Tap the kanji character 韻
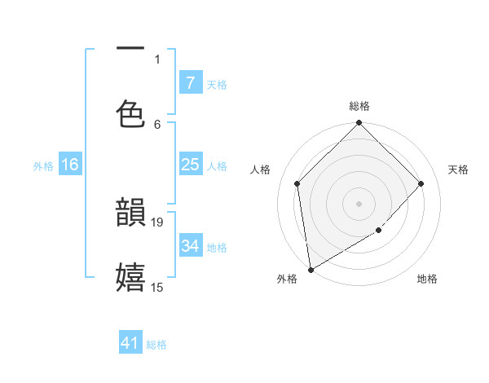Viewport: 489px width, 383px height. tap(131, 213)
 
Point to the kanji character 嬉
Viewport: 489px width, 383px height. tap(131, 277)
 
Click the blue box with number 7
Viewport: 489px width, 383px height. tap(190, 83)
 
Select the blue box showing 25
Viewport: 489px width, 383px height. tap(190, 165)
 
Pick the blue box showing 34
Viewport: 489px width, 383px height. tap(190, 245)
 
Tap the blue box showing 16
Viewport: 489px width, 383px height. tap(70, 165)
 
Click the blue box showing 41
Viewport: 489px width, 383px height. tap(130, 343)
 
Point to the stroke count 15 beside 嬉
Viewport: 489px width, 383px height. tap(157, 287)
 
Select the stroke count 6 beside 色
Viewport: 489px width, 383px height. tap(157, 124)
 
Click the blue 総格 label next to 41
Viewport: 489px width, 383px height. tap(156, 345)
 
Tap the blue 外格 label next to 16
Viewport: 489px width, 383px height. tap(43, 165)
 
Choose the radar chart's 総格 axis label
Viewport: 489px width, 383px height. tap(359, 106)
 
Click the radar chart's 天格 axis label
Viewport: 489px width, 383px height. tap(458, 169)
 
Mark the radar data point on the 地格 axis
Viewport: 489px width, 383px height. tap(378, 231)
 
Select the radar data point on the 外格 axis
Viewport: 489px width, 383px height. tap(311, 269)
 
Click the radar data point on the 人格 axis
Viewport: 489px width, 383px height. tap(297, 183)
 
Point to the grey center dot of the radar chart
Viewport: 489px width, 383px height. tap(359, 204)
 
